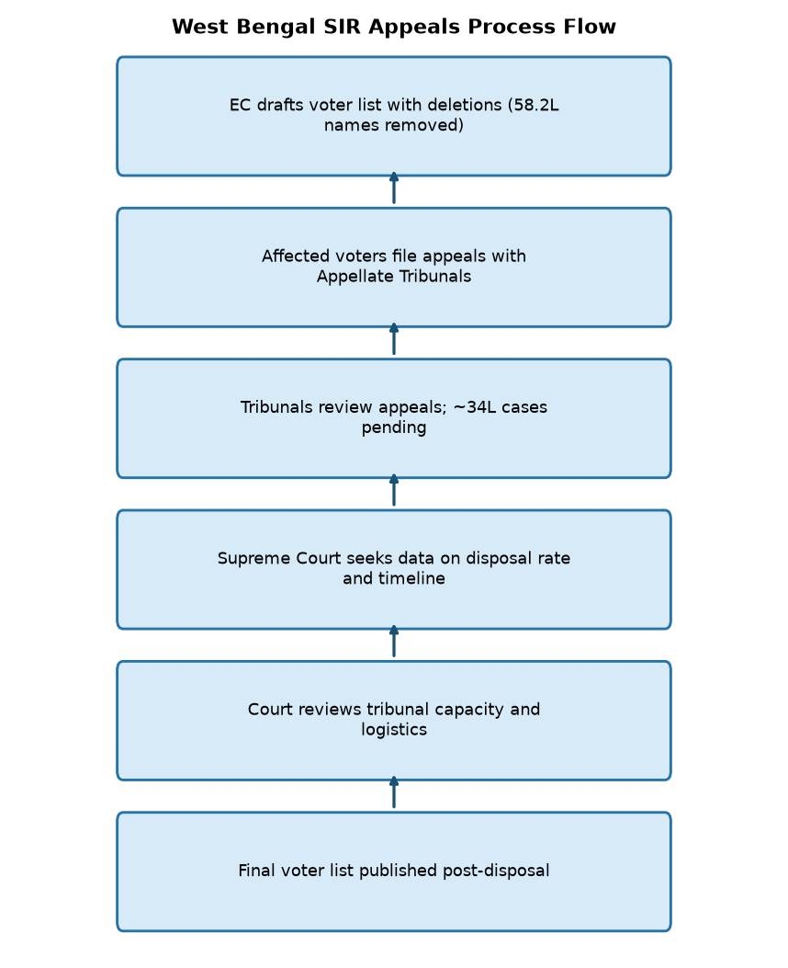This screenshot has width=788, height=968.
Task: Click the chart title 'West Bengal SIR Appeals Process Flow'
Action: tap(393, 27)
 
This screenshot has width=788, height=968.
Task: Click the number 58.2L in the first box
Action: tap(535, 105)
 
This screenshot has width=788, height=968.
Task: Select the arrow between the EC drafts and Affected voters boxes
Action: tap(394, 188)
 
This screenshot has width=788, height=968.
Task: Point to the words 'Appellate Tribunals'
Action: tap(394, 276)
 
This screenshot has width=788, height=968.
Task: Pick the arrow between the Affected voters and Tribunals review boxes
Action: tap(394, 339)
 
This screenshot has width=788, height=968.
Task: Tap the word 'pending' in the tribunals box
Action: tap(394, 427)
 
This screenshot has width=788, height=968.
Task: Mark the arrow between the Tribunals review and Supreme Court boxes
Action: tap(394, 490)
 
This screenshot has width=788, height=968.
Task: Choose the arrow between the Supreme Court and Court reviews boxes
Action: tap(394, 642)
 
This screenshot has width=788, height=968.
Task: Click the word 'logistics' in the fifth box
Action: tap(394, 730)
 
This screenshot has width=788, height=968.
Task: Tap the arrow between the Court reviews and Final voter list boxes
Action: tap(394, 792)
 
